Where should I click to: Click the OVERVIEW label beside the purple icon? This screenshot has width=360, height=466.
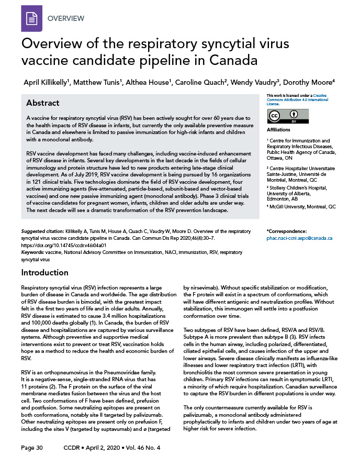[x=66, y=18]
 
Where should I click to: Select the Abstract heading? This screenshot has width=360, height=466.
[x=43, y=103]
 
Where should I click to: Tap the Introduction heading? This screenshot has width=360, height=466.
[x=44, y=272]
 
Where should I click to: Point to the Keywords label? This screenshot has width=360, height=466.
[x=32, y=251]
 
